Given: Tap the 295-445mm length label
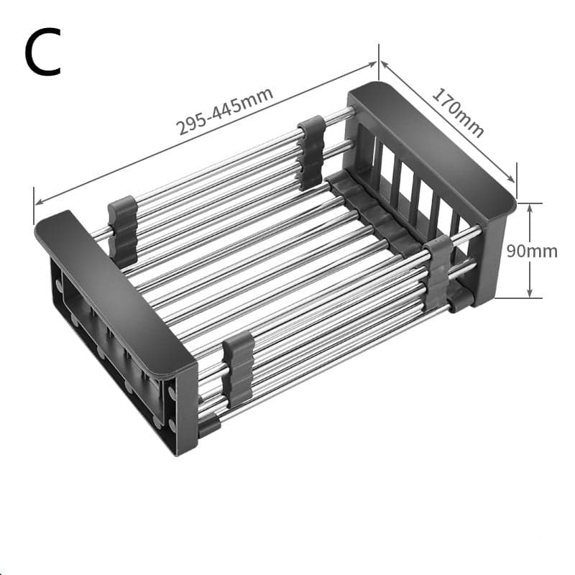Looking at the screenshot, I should point(225,111).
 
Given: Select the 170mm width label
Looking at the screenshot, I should point(457,112).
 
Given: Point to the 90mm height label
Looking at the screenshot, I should point(531,251).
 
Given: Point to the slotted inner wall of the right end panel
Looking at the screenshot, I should point(402,180).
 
